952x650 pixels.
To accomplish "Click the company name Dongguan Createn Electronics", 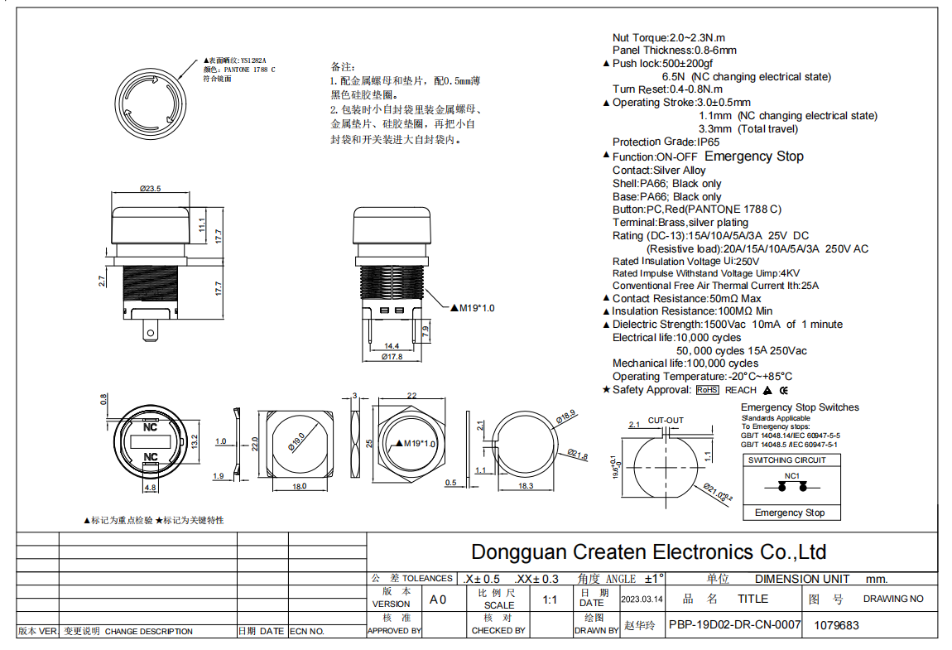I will (648, 552).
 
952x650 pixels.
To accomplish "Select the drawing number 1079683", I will (836, 626).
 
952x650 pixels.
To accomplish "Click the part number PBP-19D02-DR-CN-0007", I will (734, 625).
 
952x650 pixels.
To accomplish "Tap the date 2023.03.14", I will (642, 599).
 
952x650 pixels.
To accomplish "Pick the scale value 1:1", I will (549, 599).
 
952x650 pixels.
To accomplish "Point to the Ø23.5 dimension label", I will (150, 189).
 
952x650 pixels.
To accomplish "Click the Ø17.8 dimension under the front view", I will (392, 357).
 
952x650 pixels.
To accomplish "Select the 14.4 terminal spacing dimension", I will (391, 346).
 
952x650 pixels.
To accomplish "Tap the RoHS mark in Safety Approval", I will (707, 390).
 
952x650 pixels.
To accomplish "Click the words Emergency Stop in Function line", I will (753, 156).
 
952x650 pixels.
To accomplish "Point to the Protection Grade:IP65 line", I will (654, 142).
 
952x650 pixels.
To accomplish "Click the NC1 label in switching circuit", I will (791, 476).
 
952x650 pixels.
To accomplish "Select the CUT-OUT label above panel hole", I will (666, 421).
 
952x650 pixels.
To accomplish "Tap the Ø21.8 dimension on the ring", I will (578, 455).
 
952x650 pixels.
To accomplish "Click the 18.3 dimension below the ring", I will (525, 486).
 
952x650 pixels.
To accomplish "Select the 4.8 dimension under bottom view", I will (150, 489).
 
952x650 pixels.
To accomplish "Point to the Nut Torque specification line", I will (668, 38).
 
